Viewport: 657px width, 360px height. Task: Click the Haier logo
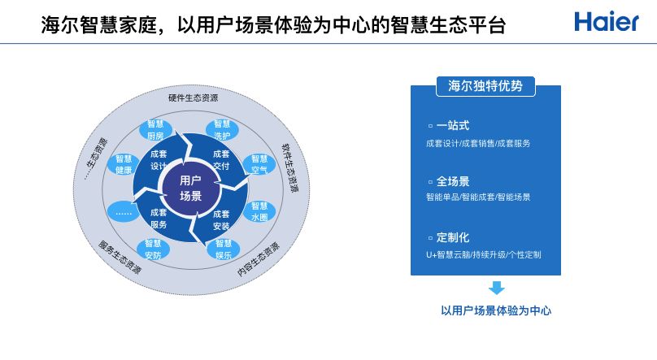606,22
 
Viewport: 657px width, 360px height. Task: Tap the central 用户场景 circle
190,188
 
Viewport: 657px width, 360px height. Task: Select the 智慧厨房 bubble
156,130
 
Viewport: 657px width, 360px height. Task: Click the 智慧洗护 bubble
222,129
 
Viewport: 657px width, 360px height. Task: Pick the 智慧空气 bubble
259,164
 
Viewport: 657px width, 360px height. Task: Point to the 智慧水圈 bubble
259,211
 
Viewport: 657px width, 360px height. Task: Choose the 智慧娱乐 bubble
224,249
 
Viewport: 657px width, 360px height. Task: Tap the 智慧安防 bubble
153,249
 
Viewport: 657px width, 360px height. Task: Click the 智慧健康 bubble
124,164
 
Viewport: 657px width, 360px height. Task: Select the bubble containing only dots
124,212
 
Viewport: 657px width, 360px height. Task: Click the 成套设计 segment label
159,159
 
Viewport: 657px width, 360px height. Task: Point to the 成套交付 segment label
221,159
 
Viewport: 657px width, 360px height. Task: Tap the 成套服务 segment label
159,219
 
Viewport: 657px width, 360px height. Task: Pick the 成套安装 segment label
221,219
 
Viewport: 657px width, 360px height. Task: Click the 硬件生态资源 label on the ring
193,98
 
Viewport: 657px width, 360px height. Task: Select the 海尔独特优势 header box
485,85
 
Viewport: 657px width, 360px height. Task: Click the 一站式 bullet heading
453,126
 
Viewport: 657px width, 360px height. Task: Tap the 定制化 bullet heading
453,237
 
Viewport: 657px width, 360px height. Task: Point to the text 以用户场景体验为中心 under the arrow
496,310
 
